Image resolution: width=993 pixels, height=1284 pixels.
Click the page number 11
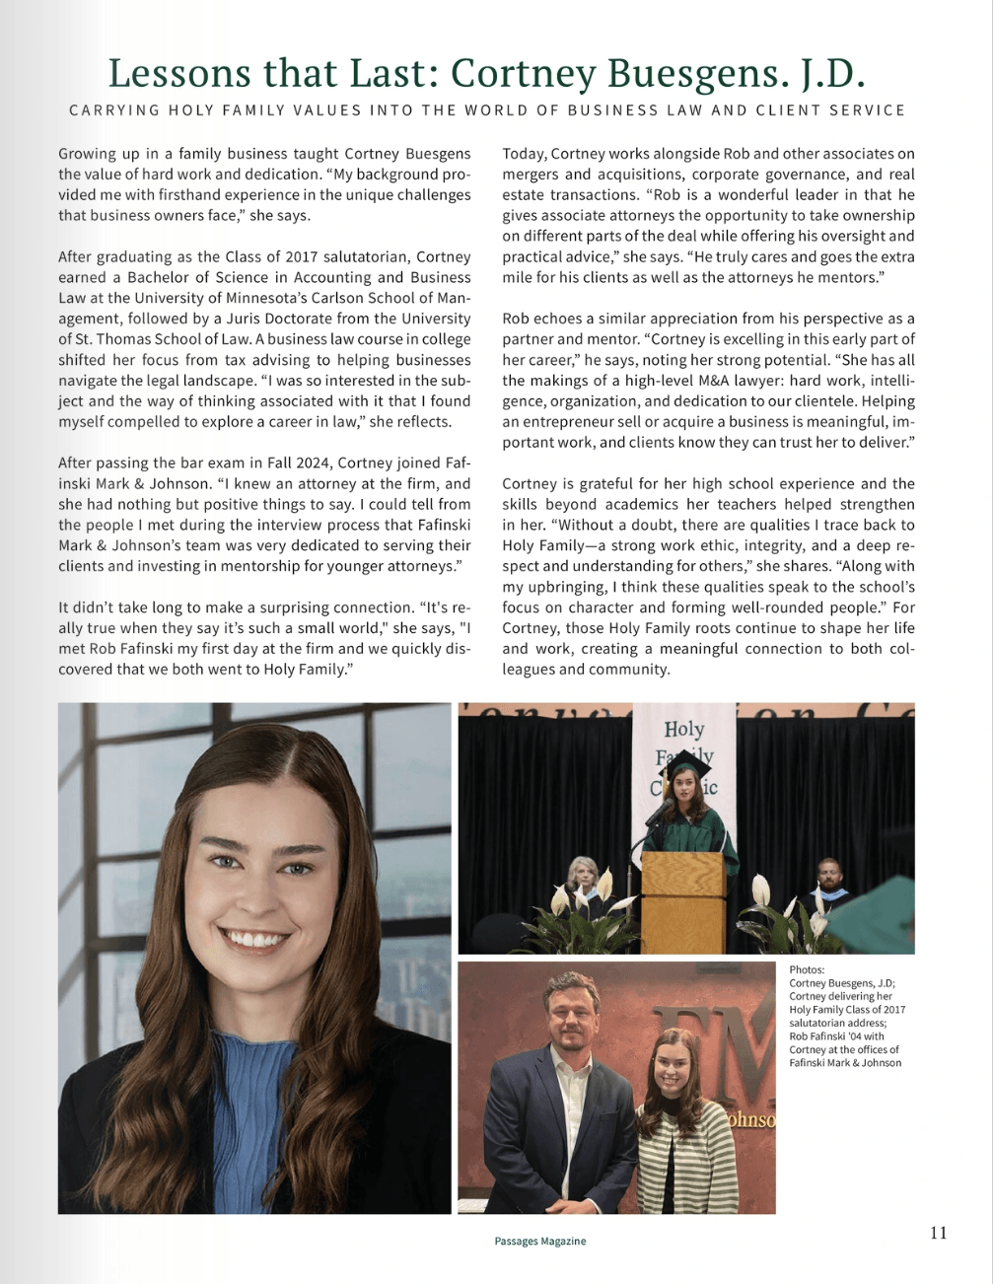(938, 1233)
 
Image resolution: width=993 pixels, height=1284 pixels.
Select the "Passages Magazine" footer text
(539, 1242)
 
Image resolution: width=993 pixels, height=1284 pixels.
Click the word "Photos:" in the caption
(807, 969)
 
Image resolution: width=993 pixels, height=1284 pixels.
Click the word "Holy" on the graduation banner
(683, 730)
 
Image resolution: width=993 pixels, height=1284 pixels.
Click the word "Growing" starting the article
(86, 154)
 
